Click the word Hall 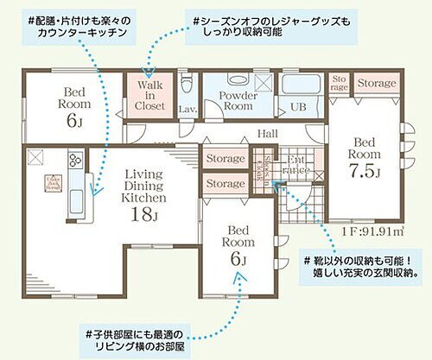click(x=267, y=134)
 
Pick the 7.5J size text click(x=364, y=170)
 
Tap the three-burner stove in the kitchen click(x=72, y=161)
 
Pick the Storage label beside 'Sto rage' click(x=378, y=83)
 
